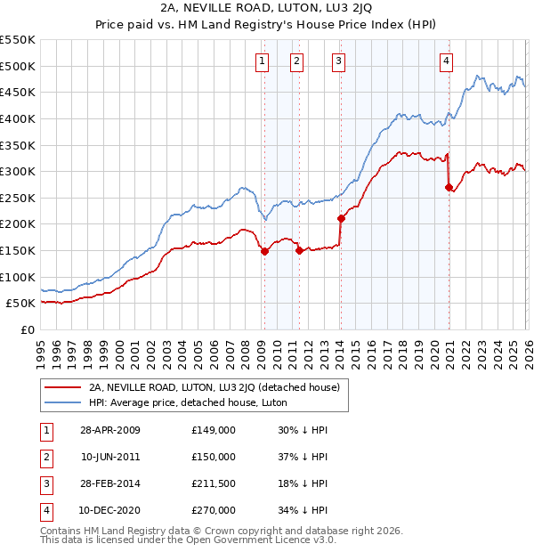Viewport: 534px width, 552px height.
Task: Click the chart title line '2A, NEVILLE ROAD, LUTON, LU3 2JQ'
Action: (266, 8)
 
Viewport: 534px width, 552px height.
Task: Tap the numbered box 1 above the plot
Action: (263, 61)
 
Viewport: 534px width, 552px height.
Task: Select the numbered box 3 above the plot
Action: (340, 61)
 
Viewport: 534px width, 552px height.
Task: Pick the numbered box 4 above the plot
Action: (446, 61)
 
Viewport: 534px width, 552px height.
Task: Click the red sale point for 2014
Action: (341, 218)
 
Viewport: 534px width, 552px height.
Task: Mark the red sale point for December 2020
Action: (449, 187)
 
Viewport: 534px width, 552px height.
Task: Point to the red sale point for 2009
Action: (264, 251)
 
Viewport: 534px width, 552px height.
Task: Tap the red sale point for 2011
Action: (298, 251)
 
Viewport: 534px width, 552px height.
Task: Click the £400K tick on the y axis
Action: (18, 118)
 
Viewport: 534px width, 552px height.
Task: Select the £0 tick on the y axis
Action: (27, 330)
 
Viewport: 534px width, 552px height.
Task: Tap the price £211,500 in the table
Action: (214, 483)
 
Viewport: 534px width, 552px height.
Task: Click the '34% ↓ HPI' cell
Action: (302, 510)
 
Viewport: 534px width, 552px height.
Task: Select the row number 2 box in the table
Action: (46, 457)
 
